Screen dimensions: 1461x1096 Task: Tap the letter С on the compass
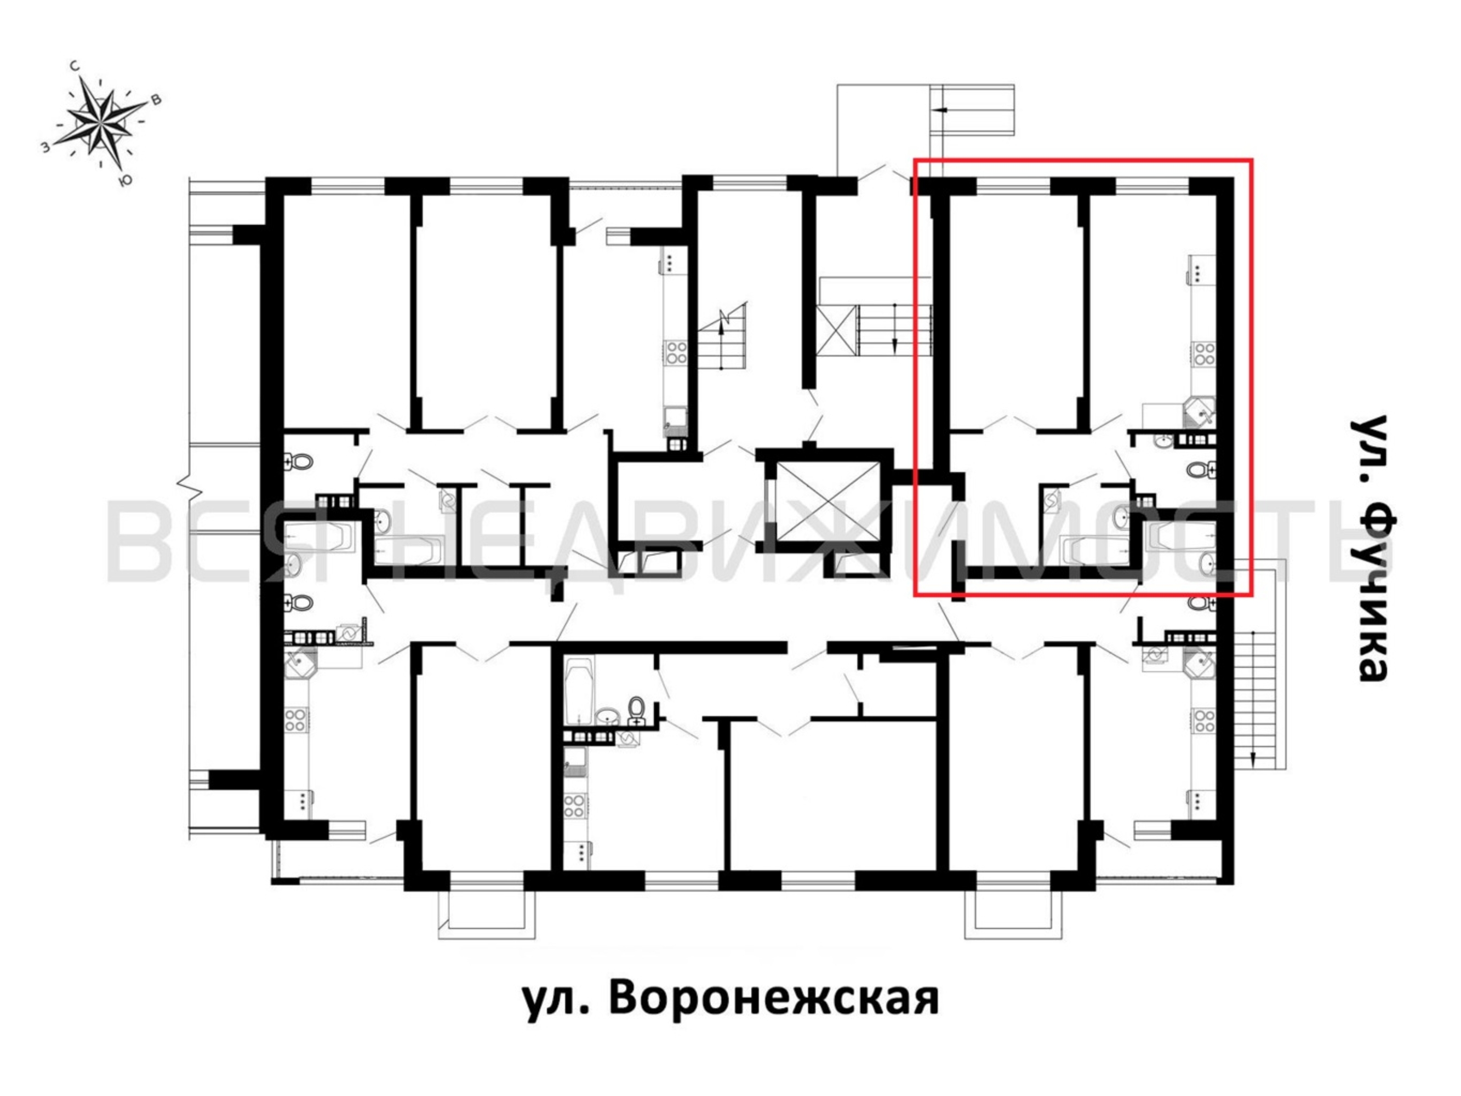(76, 66)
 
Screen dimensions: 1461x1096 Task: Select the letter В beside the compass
(157, 100)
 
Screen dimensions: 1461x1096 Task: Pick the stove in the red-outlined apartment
(1204, 354)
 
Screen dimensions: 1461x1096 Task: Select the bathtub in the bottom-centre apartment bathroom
(580, 690)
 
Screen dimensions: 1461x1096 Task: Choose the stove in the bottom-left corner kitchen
(295, 720)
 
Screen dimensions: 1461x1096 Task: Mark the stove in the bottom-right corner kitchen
(1204, 720)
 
